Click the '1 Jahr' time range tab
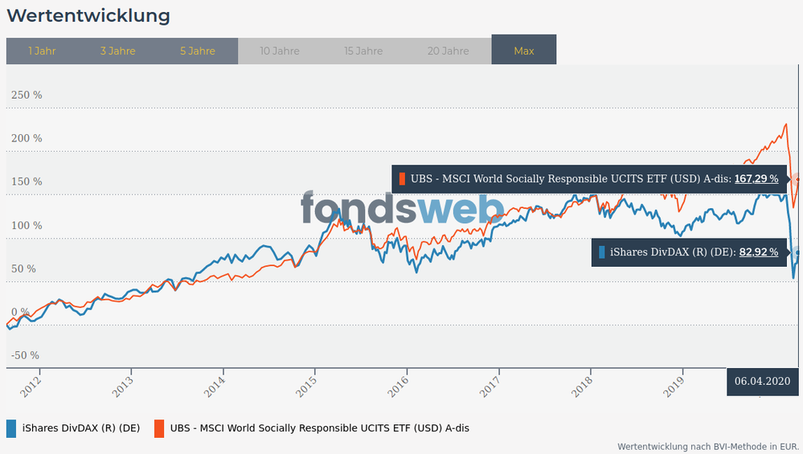pyautogui.click(x=42, y=51)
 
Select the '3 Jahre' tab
pyautogui.click(x=117, y=51)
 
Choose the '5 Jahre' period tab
pyautogui.click(x=198, y=51)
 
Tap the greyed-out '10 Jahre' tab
pyautogui.click(x=280, y=51)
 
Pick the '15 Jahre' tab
pyautogui.click(x=363, y=51)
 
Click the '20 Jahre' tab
pyautogui.click(x=448, y=51)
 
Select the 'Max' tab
pyautogui.click(x=524, y=51)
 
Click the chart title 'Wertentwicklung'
pyautogui.click(x=88, y=16)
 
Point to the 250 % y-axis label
pyautogui.click(x=26, y=95)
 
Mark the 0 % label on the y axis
pyautogui.click(x=19, y=312)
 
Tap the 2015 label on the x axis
pyautogui.click(x=306, y=386)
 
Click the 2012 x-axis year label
pyautogui.click(x=31, y=386)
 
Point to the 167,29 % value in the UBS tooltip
pyautogui.click(x=756, y=178)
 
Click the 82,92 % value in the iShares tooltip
pyautogui.click(x=759, y=252)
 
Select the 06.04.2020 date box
pyautogui.click(x=762, y=381)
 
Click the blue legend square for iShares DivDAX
pyautogui.click(x=11, y=428)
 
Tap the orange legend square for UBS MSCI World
pyautogui.click(x=159, y=428)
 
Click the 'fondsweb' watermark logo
pyautogui.click(x=402, y=209)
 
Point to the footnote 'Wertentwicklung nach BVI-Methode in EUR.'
pyautogui.click(x=707, y=446)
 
